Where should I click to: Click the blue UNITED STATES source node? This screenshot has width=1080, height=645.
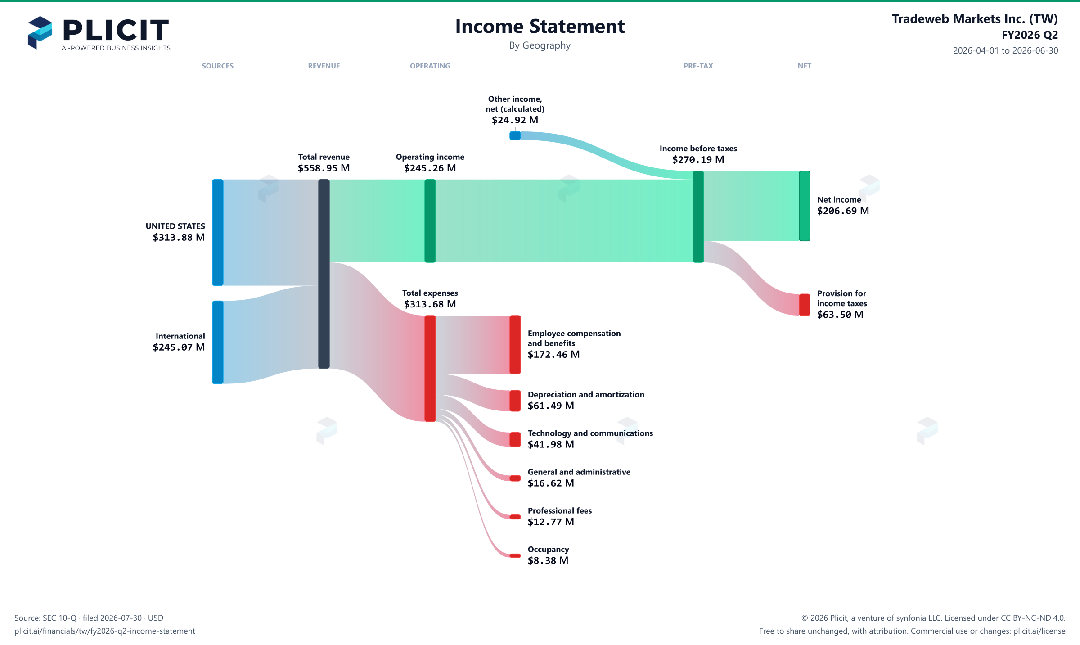(x=218, y=232)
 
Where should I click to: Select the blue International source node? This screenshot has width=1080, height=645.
(x=218, y=342)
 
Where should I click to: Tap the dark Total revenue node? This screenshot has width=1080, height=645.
(x=324, y=274)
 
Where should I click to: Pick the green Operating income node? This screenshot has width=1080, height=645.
(x=430, y=221)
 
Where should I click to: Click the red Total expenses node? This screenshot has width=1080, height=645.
(x=430, y=368)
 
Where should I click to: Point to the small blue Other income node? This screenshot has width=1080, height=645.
(x=515, y=135)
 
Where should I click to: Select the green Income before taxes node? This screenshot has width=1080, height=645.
(x=698, y=217)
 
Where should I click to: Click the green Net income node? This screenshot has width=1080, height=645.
(x=805, y=206)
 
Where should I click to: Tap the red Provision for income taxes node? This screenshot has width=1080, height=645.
(x=805, y=305)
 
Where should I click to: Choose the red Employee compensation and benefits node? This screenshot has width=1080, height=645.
(x=515, y=344)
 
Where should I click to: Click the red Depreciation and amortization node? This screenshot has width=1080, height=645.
(x=515, y=401)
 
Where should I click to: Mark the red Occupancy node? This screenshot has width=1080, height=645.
(x=515, y=555)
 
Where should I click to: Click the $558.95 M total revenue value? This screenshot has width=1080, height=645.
(x=324, y=168)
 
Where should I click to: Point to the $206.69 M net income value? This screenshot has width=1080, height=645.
(x=843, y=211)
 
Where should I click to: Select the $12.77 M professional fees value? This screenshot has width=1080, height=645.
(x=551, y=522)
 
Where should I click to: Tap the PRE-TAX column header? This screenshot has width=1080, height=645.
(x=698, y=66)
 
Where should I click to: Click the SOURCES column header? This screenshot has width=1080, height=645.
(x=218, y=66)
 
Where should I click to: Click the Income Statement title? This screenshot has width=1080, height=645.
(x=540, y=26)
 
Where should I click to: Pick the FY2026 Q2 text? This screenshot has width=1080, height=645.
(x=1030, y=35)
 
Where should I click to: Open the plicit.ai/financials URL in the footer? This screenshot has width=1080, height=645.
(x=105, y=631)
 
